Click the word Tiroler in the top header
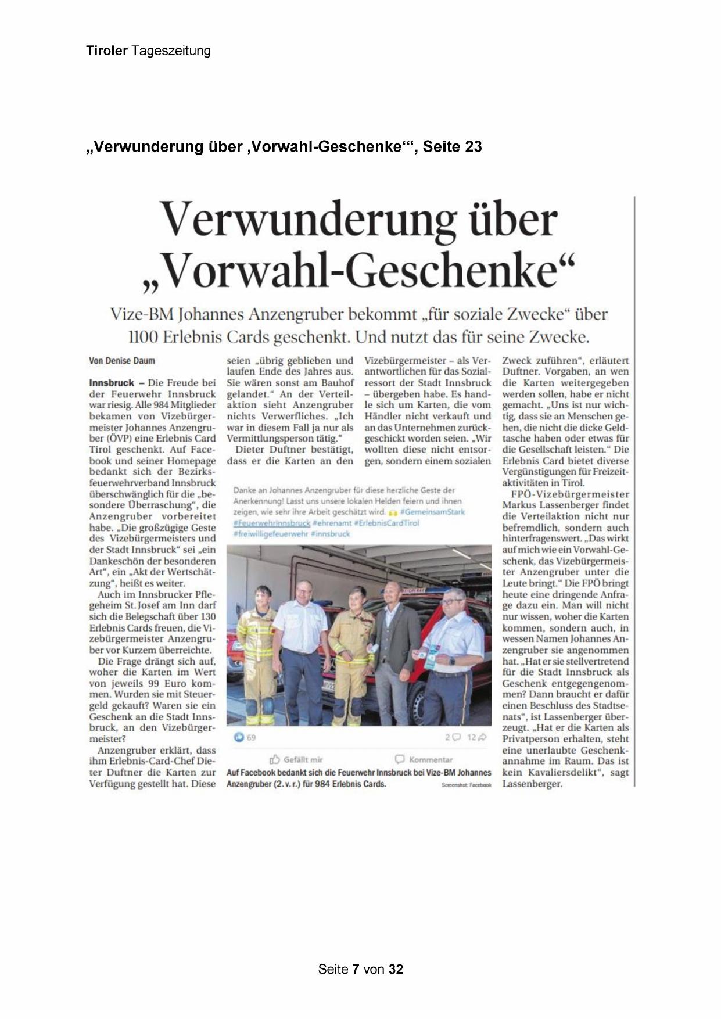click(107, 51)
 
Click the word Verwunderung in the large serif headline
click(308, 220)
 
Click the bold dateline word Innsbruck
click(112, 383)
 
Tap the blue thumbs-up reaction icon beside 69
click(238, 737)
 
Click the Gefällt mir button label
click(303, 759)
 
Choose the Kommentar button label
click(431, 759)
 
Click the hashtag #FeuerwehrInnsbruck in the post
click(271, 523)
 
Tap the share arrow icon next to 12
click(482, 737)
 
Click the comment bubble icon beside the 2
click(456, 737)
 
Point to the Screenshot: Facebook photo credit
click(466, 785)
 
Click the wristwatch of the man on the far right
click(451, 661)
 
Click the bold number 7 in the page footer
click(356, 969)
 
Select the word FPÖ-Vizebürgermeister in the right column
click(569, 494)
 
